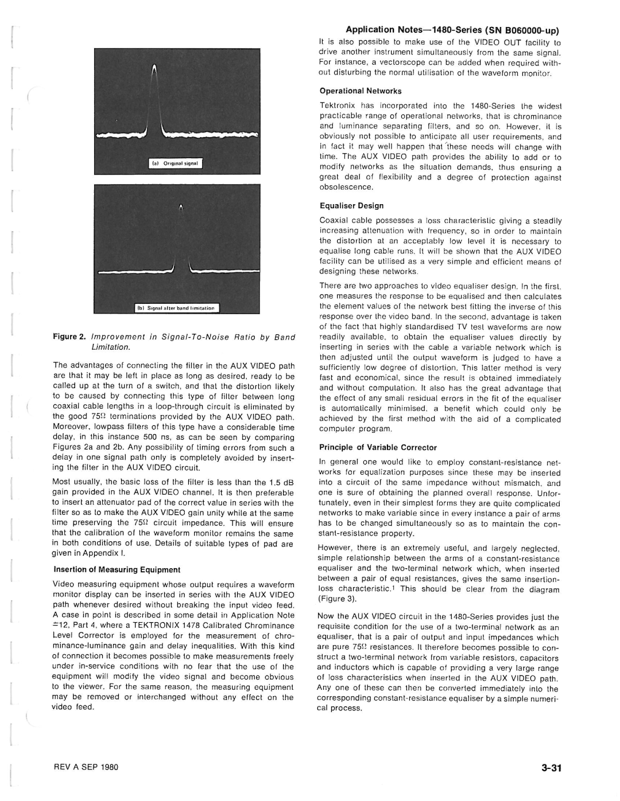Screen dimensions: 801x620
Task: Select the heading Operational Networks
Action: [x=360, y=91]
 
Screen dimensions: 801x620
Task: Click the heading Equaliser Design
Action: [x=351, y=206]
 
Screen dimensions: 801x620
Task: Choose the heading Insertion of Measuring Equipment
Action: [x=117, y=570]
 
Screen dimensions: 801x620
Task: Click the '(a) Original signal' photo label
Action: [x=175, y=163]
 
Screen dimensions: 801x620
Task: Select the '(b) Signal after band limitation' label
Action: [x=175, y=308]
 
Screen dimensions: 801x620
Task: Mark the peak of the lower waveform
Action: [x=181, y=206]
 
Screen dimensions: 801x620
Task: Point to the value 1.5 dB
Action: [x=281, y=482]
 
